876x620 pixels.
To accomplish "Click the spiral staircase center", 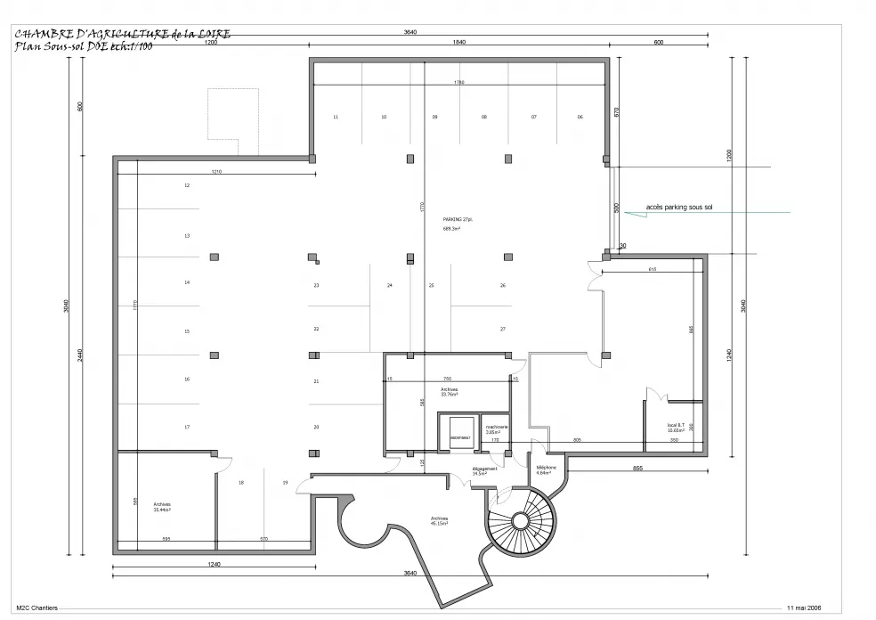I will coord(519,522).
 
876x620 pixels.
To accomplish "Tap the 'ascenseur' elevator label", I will coord(459,438).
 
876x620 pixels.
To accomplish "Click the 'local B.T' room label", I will coord(676,428).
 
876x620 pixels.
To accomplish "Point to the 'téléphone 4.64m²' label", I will coord(546,470).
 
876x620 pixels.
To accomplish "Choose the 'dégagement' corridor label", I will coord(484,470).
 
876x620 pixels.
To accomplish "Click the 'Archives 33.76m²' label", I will coord(449,391).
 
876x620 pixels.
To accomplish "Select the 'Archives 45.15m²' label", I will coord(438,520).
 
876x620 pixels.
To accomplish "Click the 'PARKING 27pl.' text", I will coord(458,218).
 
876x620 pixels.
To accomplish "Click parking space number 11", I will coord(336,117).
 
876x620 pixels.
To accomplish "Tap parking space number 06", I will coord(580,117).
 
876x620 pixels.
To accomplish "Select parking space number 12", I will coord(187,185).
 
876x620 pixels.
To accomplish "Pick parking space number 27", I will coord(503,329).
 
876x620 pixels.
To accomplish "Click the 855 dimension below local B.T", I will coord(637,468).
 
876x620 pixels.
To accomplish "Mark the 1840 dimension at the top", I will coord(459,42).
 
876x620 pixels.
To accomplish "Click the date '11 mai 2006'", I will coord(804,608).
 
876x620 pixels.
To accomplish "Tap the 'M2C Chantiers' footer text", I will coord(36,608).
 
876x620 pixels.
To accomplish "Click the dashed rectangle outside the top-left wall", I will coord(233,114).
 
